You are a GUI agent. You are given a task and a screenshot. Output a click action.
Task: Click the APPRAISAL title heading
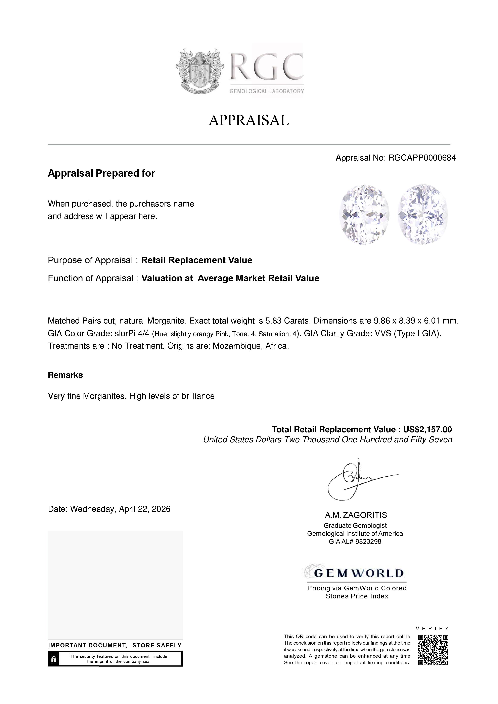point(249,120)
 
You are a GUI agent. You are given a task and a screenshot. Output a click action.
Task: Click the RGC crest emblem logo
point(199,71)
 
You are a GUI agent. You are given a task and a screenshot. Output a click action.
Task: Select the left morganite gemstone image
point(364,214)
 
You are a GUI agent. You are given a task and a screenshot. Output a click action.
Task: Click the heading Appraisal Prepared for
point(101,173)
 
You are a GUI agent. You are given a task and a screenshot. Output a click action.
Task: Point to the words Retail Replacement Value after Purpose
point(196,260)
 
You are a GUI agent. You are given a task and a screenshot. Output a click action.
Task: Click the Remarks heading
point(65,375)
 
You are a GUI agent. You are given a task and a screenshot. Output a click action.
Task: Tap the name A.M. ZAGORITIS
point(356,515)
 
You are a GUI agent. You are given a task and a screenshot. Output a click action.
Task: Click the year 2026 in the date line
point(161,509)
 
